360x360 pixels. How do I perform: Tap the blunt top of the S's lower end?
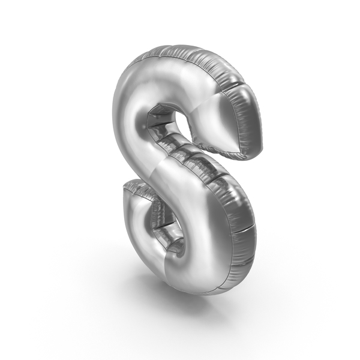point(133,184)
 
